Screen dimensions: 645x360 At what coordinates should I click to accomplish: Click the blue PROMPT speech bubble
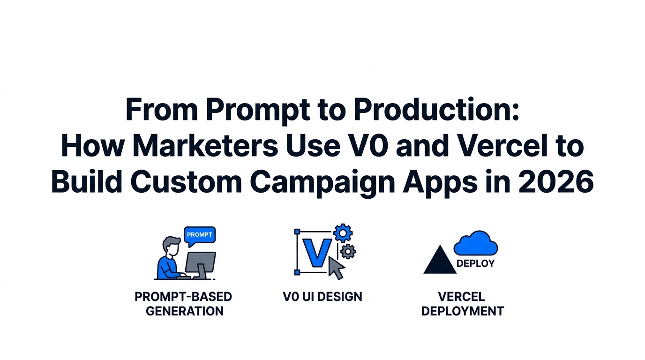[200, 236]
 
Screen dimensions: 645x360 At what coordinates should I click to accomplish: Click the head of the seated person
[171, 246]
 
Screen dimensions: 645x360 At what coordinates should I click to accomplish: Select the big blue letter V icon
[317, 253]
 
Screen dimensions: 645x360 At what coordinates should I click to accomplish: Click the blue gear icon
[343, 233]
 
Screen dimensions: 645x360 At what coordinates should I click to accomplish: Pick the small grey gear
[348, 251]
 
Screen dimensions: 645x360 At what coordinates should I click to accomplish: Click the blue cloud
[476, 243]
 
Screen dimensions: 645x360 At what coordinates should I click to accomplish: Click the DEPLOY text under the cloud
[475, 263]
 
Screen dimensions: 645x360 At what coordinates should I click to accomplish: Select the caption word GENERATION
[185, 311]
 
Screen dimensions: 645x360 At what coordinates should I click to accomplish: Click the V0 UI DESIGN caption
[322, 297]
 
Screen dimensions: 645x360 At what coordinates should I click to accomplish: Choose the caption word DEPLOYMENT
[463, 311]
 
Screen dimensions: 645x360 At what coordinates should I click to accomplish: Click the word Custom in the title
[186, 182]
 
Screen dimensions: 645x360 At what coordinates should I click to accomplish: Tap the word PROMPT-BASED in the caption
[183, 297]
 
